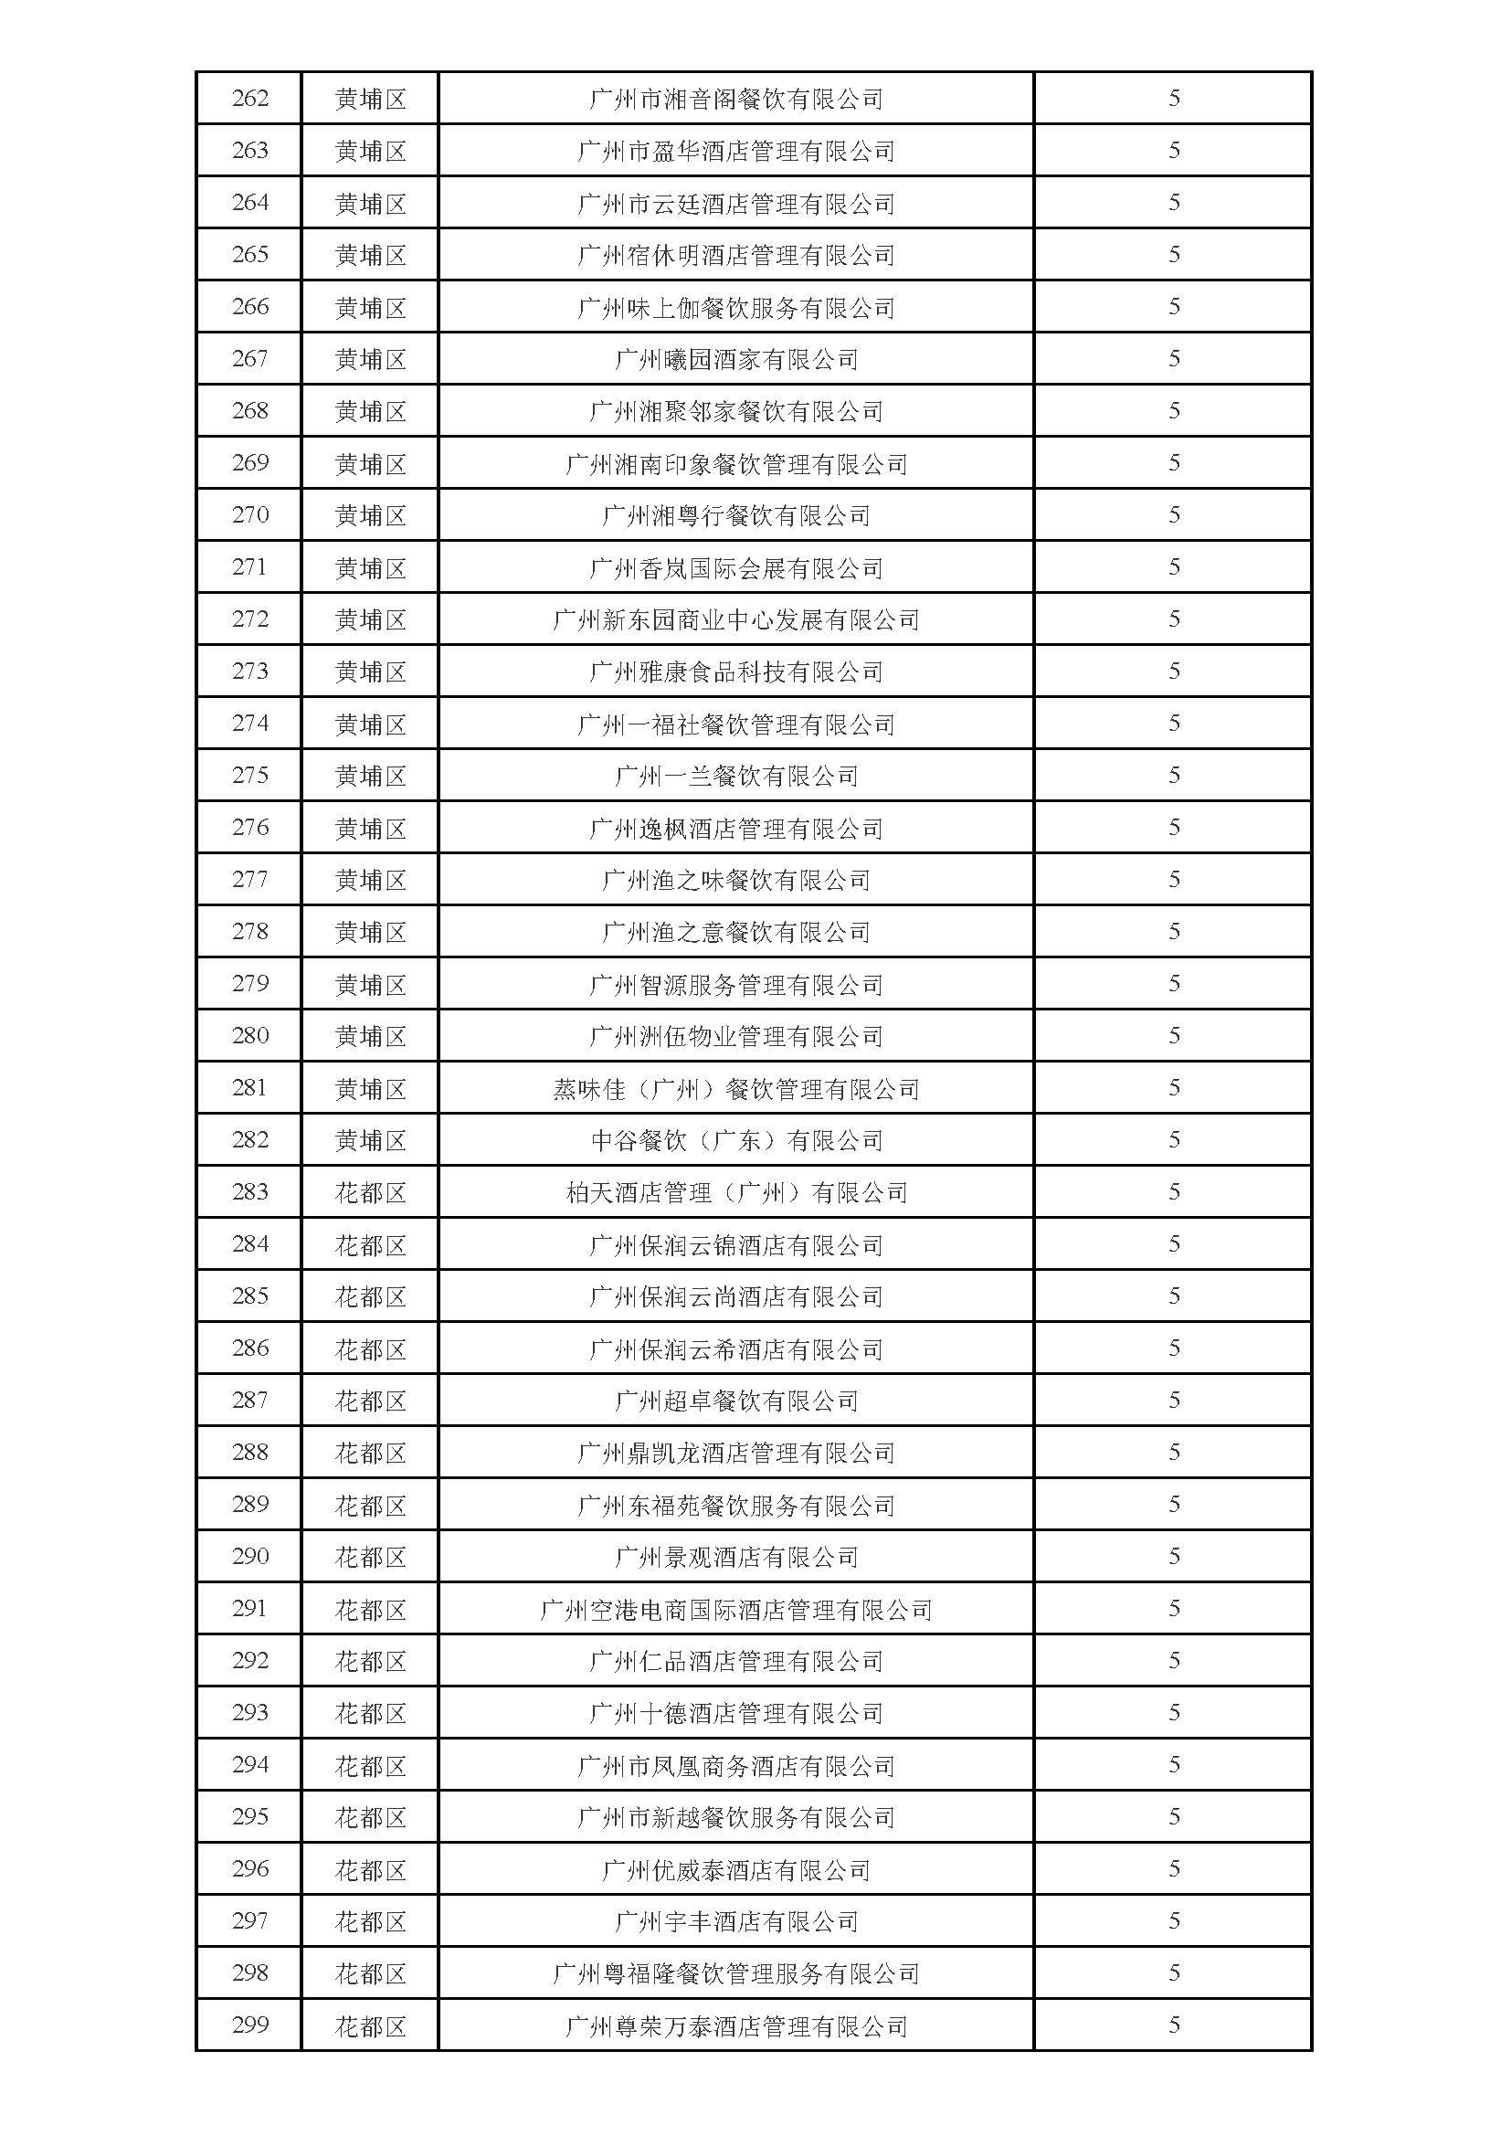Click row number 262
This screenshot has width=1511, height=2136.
coord(249,99)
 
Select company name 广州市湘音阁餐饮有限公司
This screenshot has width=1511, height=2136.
coord(736,99)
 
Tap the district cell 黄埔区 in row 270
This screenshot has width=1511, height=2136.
coord(370,515)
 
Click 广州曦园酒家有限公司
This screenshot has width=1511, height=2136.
coord(736,359)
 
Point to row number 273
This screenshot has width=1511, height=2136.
coord(249,671)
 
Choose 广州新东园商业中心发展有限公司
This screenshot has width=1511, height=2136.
coord(736,619)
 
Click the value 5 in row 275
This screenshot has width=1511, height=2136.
coord(1173,776)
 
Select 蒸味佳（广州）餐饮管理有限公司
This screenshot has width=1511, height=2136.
coord(736,1088)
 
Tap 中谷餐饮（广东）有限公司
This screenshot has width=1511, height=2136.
coord(736,1140)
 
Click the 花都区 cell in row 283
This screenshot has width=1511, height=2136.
coord(370,1192)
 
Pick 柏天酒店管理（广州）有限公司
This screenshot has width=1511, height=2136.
coord(736,1192)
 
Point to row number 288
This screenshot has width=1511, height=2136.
coord(249,1454)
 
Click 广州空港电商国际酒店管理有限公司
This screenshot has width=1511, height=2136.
coord(736,1610)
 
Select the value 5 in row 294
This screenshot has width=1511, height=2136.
coord(1173,1766)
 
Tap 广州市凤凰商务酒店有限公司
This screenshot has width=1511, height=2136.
coord(736,1766)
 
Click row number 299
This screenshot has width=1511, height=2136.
coord(249,2026)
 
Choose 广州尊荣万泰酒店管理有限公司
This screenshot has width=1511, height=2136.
coord(736,2026)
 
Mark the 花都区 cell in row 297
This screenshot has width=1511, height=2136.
coord(370,1922)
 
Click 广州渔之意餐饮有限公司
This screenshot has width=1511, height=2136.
coord(736,932)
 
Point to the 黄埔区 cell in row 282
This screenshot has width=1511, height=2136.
coord(370,1140)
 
